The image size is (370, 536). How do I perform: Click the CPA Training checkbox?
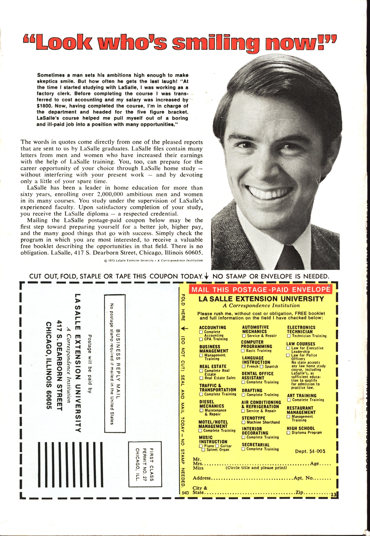pyautogui.click(x=201, y=339)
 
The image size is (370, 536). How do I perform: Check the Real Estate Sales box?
pyautogui.click(x=201, y=378)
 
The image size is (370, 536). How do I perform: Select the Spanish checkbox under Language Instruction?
pyautogui.click(x=262, y=367)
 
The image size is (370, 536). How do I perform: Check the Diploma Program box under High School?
pyautogui.click(x=288, y=433)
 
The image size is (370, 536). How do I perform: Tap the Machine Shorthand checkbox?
pyautogui.click(x=244, y=422)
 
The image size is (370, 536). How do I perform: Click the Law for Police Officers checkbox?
pyautogui.click(x=288, y=355)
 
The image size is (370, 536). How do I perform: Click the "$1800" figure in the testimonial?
pyautogui.click(x=44, y=106)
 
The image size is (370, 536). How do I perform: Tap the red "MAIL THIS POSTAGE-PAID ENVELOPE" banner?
pyautogui.click(x=261, y=290)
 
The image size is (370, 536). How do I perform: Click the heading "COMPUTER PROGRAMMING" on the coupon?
pyautogui.click(x=256, y=344)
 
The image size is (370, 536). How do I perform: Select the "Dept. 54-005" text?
pyautogui.click(x=310, y=451)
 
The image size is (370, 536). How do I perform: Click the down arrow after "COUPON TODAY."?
pyautogui.click(x=207, y=276)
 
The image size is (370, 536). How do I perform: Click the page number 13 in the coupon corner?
pyautogui.click(x=333, y=495)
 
